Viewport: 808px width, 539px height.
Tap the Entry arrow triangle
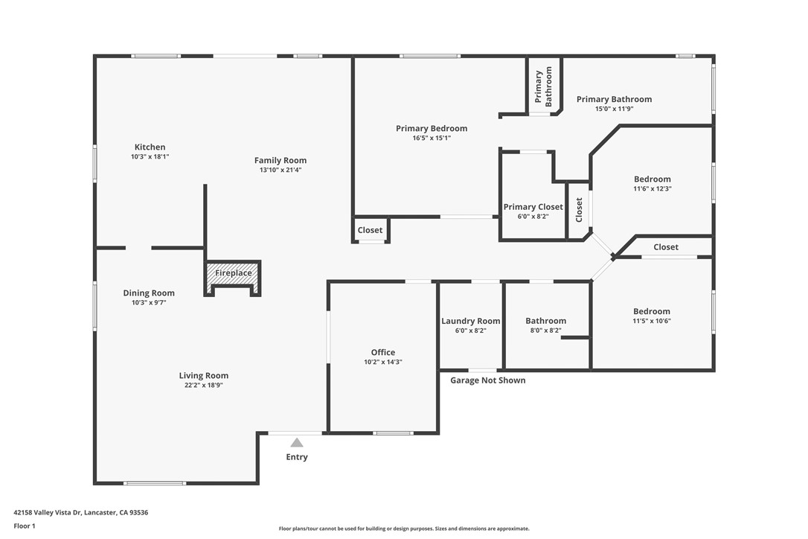tap(297, 442)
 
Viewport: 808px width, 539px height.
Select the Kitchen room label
tap(150, 147)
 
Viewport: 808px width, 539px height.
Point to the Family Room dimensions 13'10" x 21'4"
tap(280, 170)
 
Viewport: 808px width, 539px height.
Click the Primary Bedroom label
tap(432, 129)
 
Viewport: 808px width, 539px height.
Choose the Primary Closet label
tap(533, 207)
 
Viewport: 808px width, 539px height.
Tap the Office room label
tap(383, 352)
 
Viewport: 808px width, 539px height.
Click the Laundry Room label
tap(470, 321)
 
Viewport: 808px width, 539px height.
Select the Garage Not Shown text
tap(487, 380)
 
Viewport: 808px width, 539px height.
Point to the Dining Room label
tap(149, 293)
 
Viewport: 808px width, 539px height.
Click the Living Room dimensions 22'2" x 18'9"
tap(203, 386)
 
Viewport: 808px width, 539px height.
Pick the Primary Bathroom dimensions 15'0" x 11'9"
tap(614, 109)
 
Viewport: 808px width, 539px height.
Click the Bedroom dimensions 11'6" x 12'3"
tap(652, 189)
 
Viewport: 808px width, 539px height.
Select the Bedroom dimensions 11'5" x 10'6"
tap(652, 322)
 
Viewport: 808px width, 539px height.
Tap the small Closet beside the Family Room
tap(370, 230)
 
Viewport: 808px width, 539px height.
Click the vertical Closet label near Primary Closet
tap(579, 210)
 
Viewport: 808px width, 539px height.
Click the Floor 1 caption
tap(25, 526)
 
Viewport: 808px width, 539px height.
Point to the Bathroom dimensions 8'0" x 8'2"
tap(545, 331)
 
